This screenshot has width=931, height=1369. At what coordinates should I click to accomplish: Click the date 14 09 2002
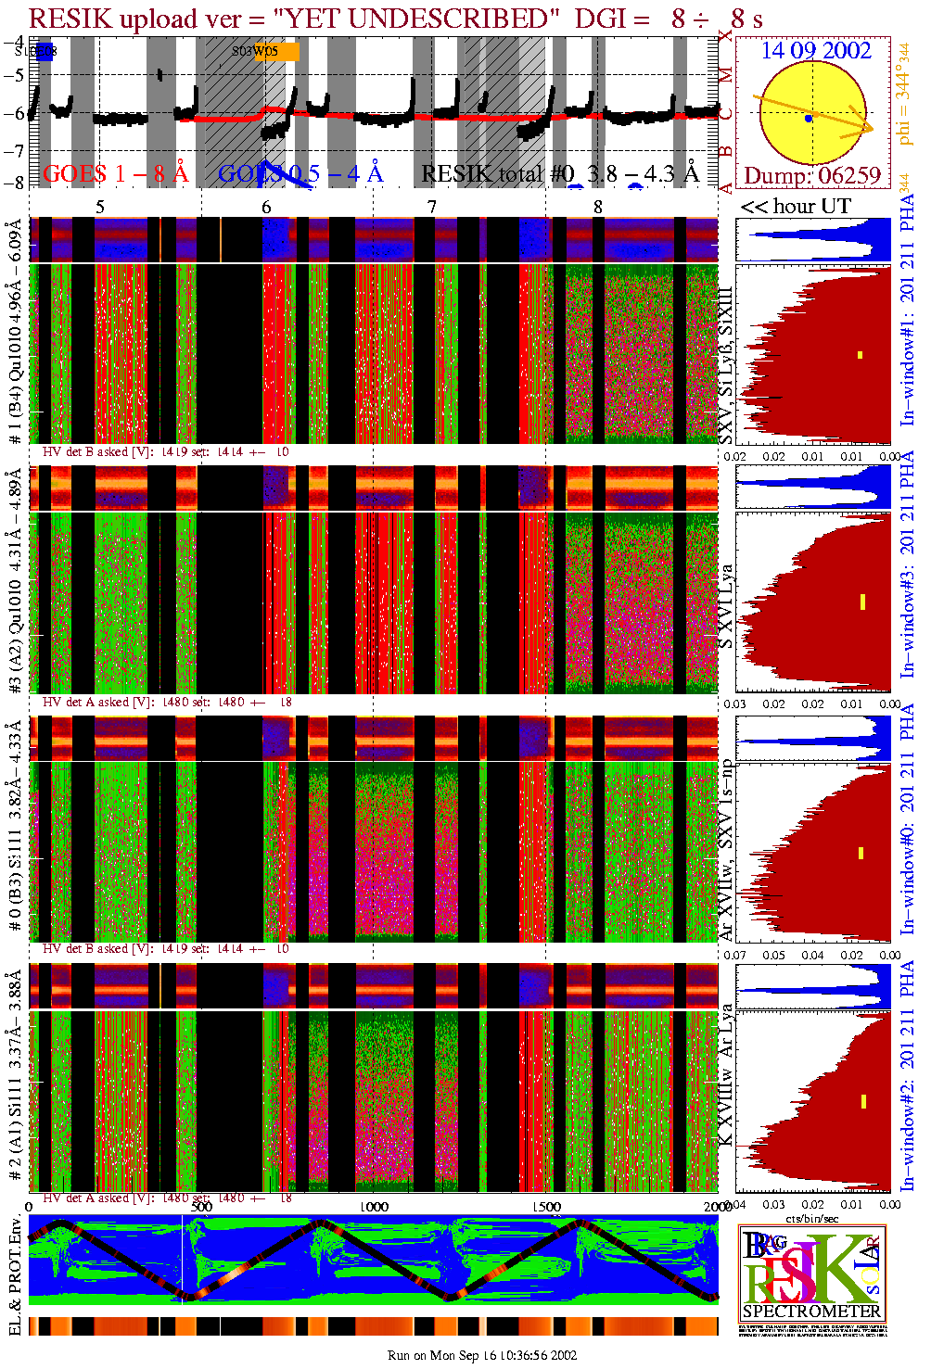(x=816, y=51)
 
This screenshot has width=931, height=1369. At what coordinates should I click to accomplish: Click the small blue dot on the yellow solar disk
(x=809, y=119)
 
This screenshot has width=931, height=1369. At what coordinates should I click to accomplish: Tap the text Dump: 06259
(x=811, y=176)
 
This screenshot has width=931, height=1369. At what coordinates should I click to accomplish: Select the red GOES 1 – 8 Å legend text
(x=115, y=173)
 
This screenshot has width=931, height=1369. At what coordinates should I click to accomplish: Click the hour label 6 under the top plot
(x=267, y=207)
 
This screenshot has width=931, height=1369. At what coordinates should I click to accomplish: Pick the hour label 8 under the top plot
(x=598, y=207)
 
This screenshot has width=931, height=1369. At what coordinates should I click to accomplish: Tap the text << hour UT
(x=795, y=206)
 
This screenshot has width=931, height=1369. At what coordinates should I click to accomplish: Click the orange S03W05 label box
(x=276, y=52)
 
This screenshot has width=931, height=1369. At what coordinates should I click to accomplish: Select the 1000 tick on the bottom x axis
(x=374, y=1207)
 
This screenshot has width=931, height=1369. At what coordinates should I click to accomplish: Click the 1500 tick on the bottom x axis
(x=546, y=1207)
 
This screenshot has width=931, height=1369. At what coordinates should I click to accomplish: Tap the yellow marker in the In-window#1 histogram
(x=861, y=355)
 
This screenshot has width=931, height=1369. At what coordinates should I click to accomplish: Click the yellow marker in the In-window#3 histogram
(x=862, y=602)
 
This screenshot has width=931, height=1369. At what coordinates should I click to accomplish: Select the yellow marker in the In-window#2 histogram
(x=863, y=1101)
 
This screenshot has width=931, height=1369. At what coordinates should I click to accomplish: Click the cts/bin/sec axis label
(x=812, y=1218)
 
